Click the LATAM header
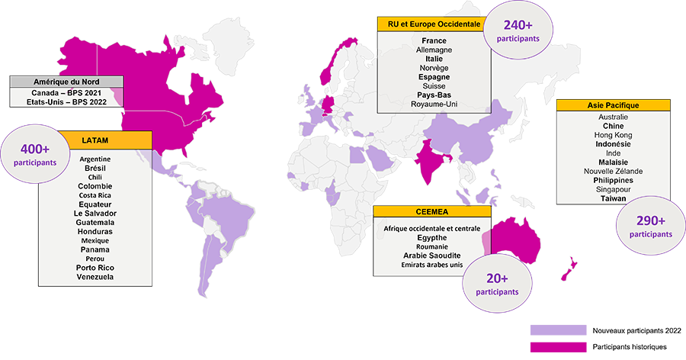pos(99,139)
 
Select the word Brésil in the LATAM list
pos(95,167)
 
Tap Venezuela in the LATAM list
pos(95,277)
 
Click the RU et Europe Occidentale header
pos(433,24)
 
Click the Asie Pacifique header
pos(613,105)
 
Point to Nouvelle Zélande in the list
pos(613,171)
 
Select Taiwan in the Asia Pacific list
pos(613,198)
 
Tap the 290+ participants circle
pos(650,227)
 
